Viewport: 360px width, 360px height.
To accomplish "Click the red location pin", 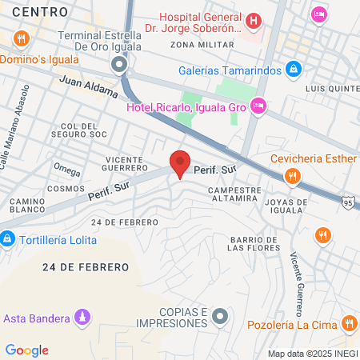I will click(x=181, y=162).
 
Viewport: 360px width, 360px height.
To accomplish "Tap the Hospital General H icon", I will click(x=254, y=21).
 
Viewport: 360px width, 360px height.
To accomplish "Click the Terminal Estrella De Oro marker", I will click(x=119, y=64).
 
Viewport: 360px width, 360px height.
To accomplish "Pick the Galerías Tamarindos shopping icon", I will click(x=294, y=70).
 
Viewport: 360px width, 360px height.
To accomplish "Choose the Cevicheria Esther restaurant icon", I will click(x=294, y=175).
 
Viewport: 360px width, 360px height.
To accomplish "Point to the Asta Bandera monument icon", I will click(x=81, y=318).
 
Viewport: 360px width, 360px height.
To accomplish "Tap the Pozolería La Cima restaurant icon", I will click(x=349, y=323).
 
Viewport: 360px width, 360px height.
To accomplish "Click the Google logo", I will click(x=26, y=350).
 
